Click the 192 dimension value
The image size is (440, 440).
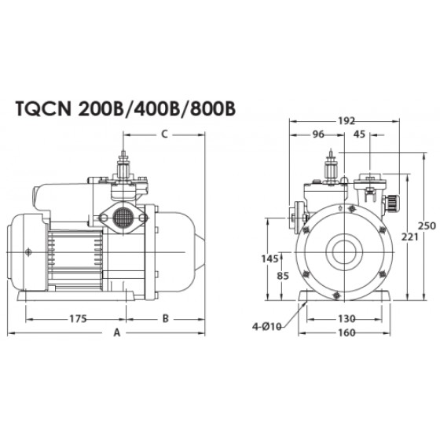coord(346,121)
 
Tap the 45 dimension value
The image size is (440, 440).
coord(360,134)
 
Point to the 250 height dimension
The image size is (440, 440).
coord(427,226)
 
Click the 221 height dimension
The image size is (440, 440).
coord(409,237)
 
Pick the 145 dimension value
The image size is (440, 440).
coord(269,258)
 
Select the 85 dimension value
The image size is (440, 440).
coord(283,277)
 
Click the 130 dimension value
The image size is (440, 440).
coord(346,319)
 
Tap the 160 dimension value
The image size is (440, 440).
coord(346,333)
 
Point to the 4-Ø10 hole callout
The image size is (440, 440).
coord(266,327)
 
